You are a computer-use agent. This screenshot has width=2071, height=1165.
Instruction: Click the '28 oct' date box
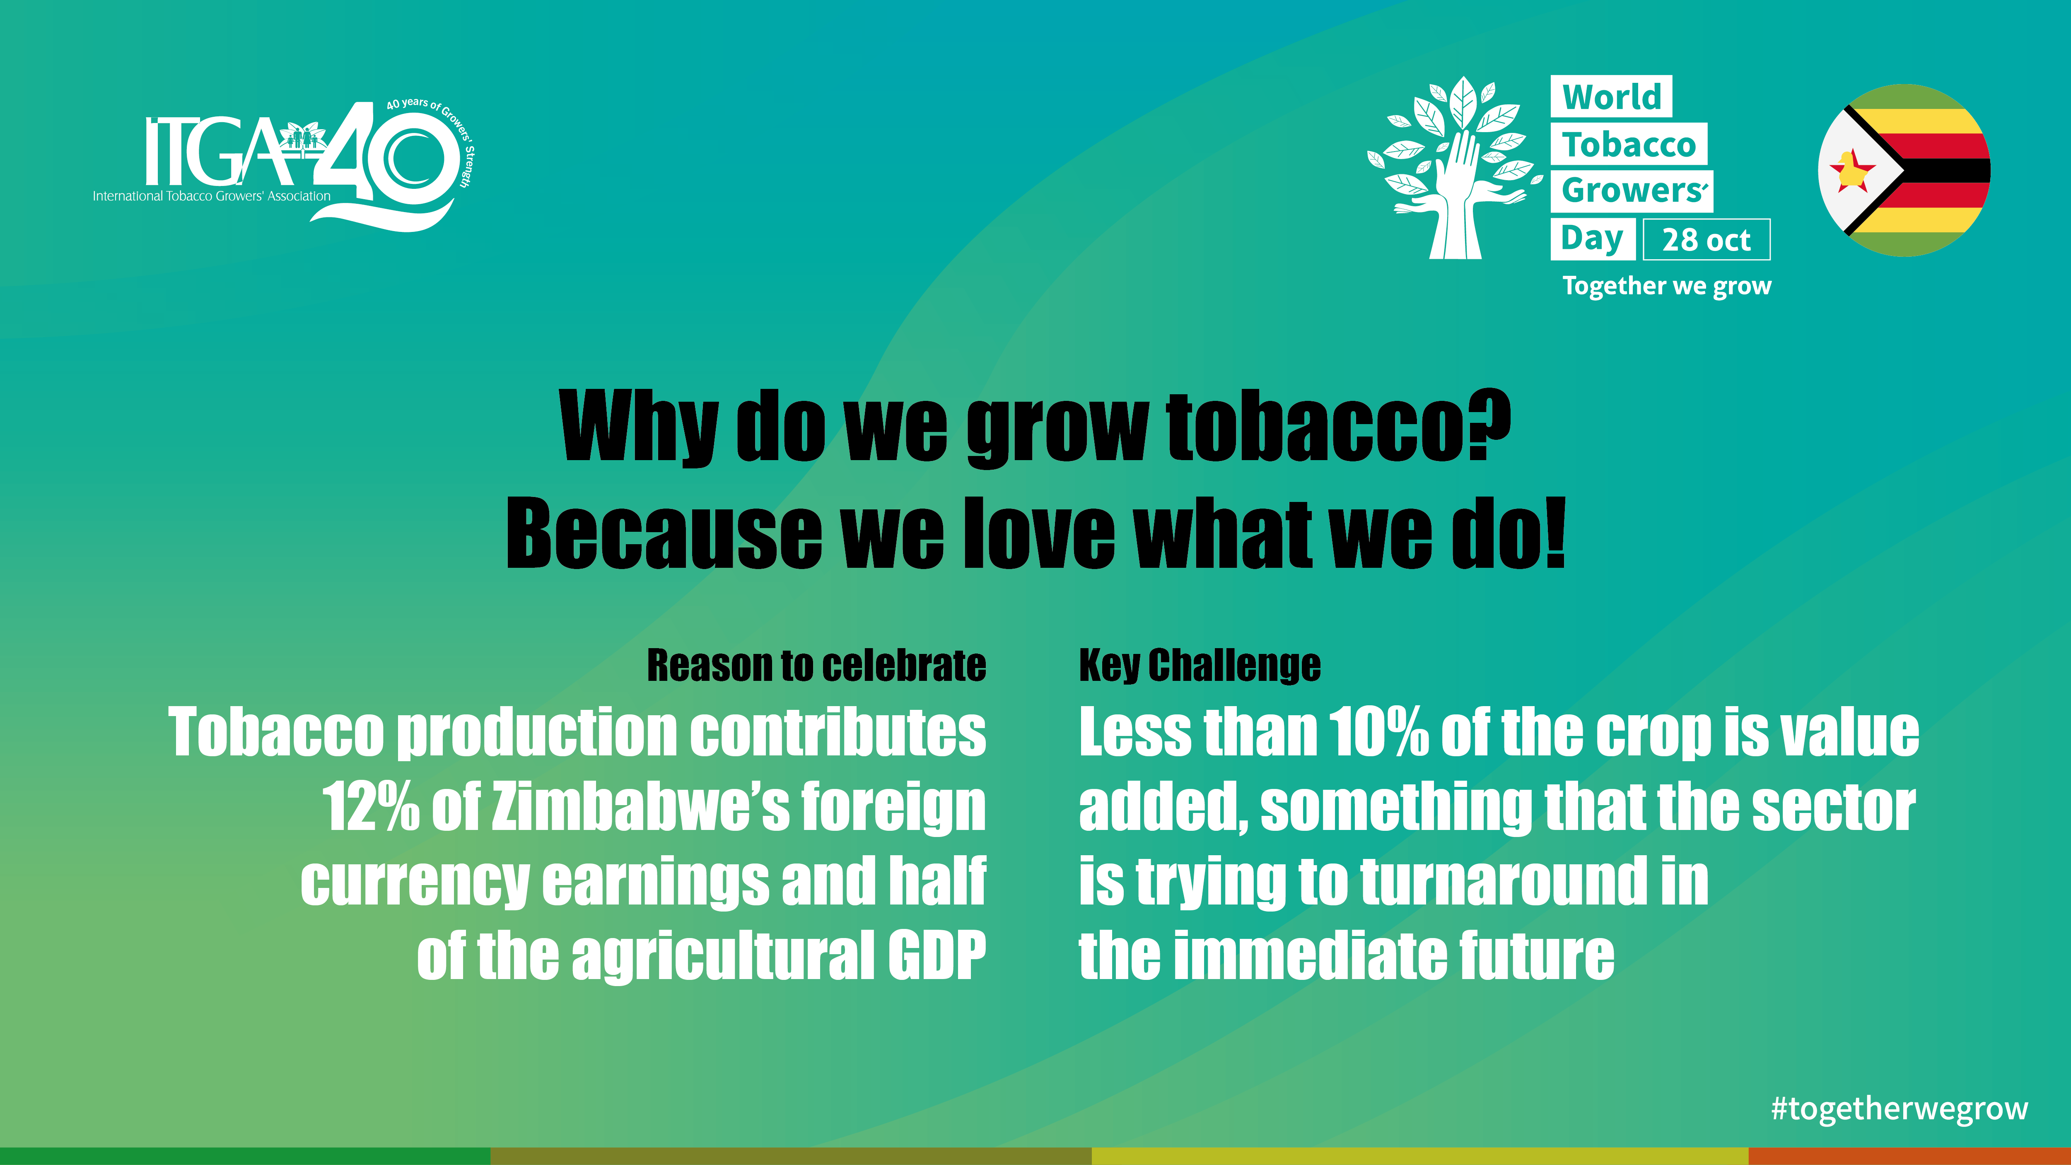pyautogui.click(x=1706, y=240)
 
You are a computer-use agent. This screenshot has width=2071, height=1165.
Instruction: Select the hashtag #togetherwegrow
pyautogui.click(x=1899, y=1109)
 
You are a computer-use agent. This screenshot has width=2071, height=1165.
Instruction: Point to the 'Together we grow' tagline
pyautogui.click(x=1667, y=286)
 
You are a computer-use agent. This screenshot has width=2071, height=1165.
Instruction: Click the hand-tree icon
pyautogui.click(x=1455, y=167)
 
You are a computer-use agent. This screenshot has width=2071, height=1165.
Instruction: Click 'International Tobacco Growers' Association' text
pyautogui.click(x=211, y=196)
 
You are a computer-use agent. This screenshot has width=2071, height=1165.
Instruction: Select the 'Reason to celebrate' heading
pyautogui.click(x=816, y=666)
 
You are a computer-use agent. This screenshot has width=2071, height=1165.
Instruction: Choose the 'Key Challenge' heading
pyautogui.click(x=1200, y=666)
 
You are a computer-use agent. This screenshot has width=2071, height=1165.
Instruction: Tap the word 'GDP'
pyautogui.click(x=937, y=955)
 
